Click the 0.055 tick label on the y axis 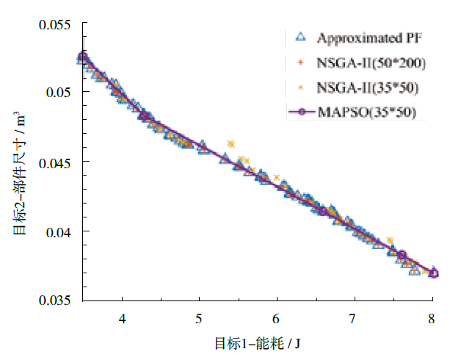[x=55, y=25]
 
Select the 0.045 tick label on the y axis [x=55, y=162]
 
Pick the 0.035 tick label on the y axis [x=55, y=300]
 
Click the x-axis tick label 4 [x=122, y=318]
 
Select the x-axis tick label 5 [x=199, y=318]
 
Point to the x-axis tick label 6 [x=276, y=318]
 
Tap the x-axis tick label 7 [x=354, y=318]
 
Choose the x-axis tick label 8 [x=432, y=318]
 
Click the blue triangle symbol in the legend [x=299, y=37]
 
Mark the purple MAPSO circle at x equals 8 [x=433, y=273]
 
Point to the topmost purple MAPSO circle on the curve [x=83, y=56]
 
